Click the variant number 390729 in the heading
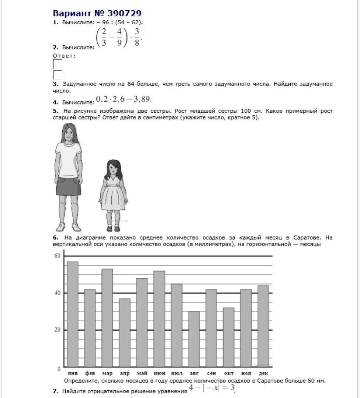coord(124,13)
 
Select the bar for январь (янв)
coord(73,313)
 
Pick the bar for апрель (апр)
coord(125,332)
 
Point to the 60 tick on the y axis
coord(57,256)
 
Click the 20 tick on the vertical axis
coord(57,330)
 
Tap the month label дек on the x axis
coord(263,373)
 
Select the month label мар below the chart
coord(107,373)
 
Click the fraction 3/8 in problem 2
coord(137,37)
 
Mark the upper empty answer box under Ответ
coord(58,64)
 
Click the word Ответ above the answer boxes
coord(64,56)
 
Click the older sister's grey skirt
coord(69,186)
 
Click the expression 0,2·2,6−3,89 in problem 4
coord(124,99)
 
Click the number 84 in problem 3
coord(131,84)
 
